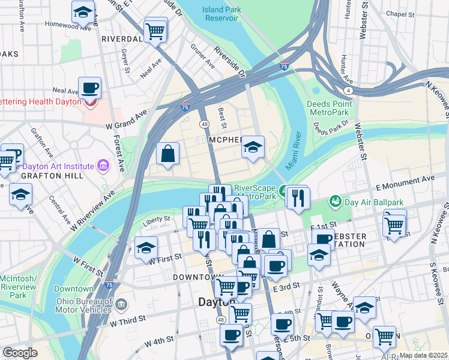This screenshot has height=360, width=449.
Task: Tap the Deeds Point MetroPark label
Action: point(328,108)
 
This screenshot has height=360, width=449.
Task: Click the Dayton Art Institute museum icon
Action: point(103,165)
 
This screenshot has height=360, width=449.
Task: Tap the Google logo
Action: point(19,353)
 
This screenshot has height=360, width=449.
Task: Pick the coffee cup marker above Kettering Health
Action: point(89,89)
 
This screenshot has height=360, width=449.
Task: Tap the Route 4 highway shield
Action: point(348,90)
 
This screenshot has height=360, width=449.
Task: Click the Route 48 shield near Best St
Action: point(205,124)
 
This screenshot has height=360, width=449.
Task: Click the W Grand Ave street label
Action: point(127,119)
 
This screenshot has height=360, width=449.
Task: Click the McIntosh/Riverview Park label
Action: point(18,287)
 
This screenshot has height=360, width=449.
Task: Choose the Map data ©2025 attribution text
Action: point(423,355)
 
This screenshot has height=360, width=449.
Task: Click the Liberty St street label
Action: point(157,221)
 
